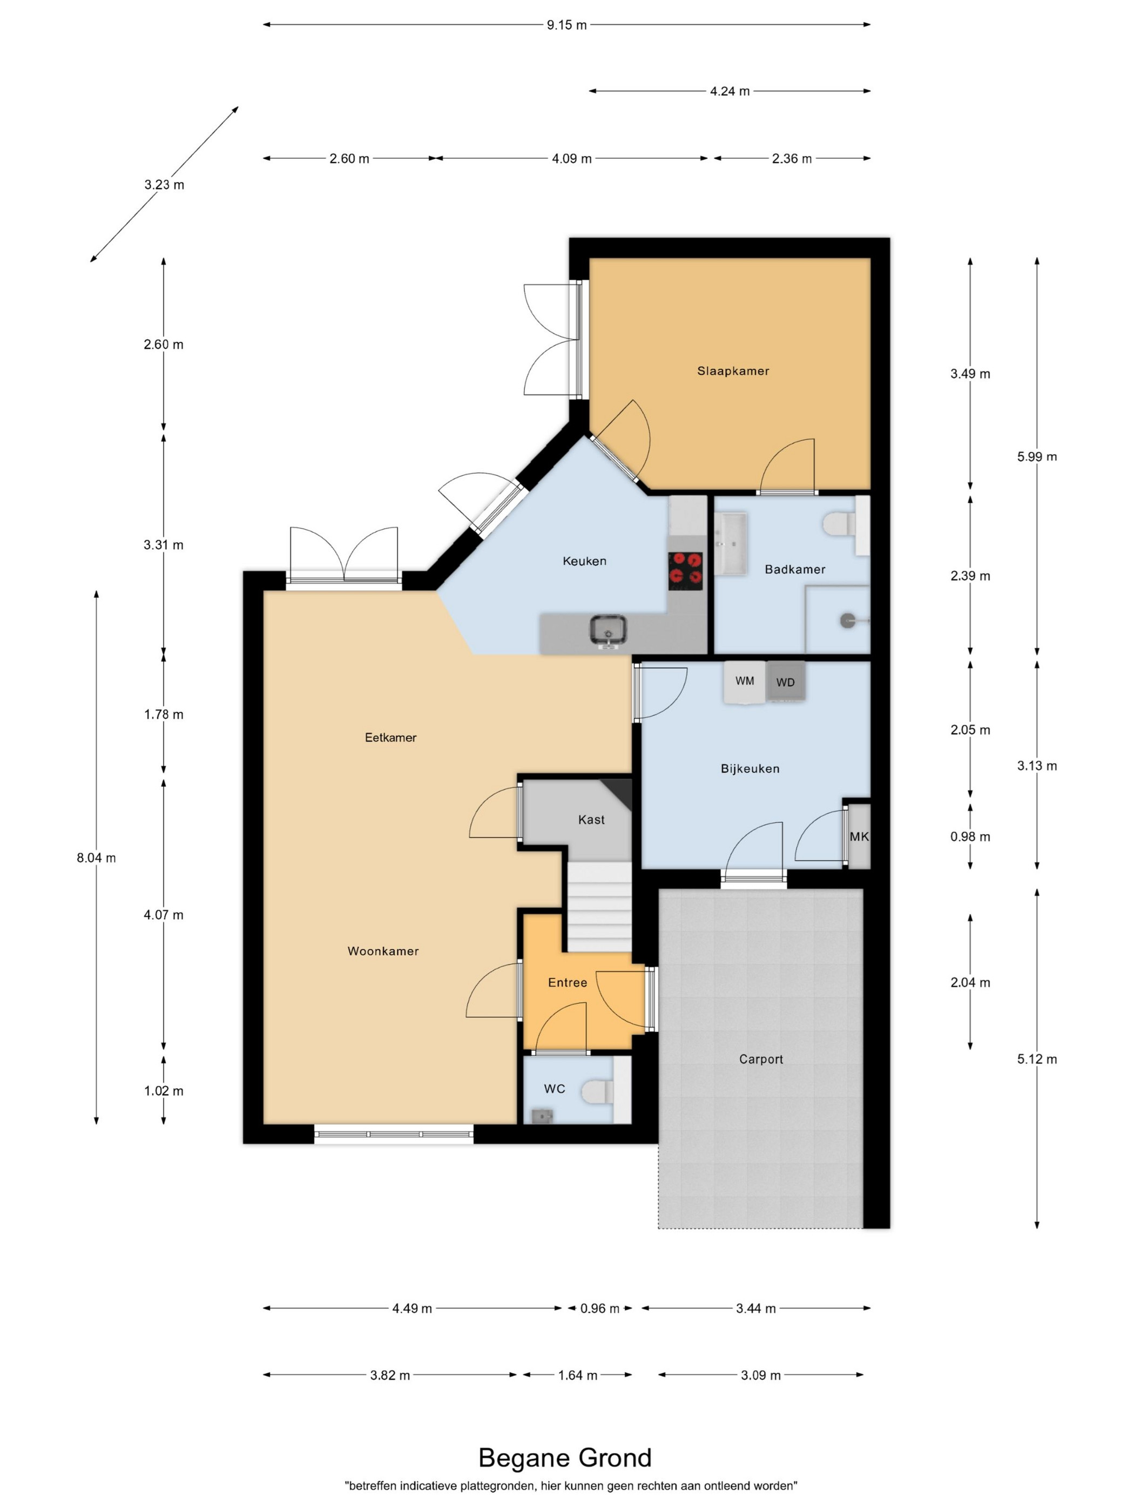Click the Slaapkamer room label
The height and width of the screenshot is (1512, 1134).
733,371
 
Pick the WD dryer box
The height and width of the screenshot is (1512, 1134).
785,681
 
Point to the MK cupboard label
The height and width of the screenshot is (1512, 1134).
859,836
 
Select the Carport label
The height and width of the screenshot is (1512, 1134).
761,1059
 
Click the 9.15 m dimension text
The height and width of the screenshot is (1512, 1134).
566,25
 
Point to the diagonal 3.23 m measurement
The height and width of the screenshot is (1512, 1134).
164,185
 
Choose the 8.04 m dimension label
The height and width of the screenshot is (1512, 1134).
96,858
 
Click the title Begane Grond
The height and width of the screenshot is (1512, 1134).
565,1458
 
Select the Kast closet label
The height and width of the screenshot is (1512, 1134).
591,820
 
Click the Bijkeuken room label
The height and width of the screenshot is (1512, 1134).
750,768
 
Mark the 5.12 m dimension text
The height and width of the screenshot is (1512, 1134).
1037,1059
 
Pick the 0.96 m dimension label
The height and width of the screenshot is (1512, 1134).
599,1308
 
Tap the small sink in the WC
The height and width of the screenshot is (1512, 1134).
541,1115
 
